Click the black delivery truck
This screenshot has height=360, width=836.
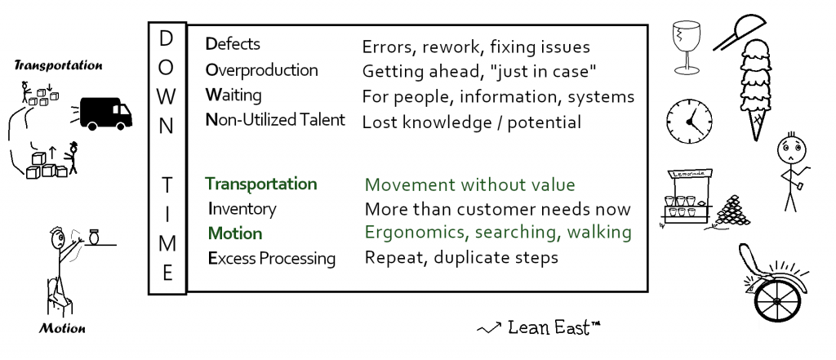(105, 112)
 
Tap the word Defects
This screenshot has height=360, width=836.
(233, 44)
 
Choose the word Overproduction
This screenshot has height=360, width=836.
(261, 69)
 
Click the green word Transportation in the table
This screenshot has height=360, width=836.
(261, 184)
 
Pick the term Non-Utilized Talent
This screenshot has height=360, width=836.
(275, 121)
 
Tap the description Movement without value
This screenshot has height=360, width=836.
(469, 184)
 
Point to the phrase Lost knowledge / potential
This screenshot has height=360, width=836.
(471, 122)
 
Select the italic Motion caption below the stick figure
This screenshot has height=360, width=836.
(61, 330)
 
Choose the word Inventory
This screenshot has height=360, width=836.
(242, 209)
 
